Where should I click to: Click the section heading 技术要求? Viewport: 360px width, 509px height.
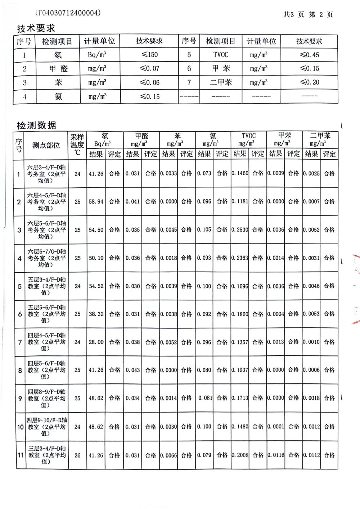click(36, 28)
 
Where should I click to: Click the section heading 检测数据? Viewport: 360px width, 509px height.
click(36, 125)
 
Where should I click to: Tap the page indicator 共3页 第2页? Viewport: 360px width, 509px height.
click(308, 14)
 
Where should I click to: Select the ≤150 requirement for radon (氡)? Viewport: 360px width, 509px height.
click(149, 55)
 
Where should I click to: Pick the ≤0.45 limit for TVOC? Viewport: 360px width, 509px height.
click(309, 55)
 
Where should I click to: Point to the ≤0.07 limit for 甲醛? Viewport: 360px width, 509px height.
click(149, 68)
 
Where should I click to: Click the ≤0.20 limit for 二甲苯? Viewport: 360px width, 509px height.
click(309, 82)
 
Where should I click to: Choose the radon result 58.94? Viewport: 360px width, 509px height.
click(96, 202)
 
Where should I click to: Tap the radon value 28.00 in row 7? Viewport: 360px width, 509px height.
click(96, 342)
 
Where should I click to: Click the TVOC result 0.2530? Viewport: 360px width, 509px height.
click(240, 229)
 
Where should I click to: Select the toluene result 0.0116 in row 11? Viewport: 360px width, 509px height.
click(276, 455)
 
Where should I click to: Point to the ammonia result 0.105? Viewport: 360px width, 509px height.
click(204, 229)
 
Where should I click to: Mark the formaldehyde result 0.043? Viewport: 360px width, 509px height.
click(132, 370)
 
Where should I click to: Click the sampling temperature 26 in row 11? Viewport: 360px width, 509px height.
click(77, 455)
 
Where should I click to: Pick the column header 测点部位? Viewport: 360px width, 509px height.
click(46, 145)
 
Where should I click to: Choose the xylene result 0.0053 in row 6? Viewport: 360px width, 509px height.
click(311, 314)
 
